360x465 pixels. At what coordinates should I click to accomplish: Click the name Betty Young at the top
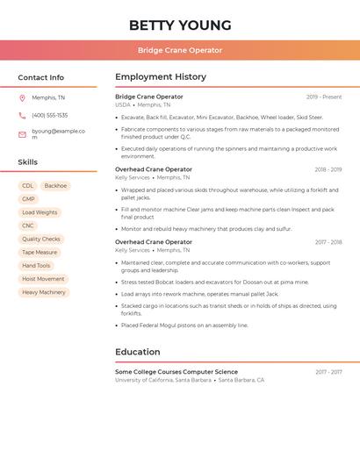180,25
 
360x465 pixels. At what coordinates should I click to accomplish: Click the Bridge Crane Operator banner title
180,50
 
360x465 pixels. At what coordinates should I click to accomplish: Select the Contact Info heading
41,77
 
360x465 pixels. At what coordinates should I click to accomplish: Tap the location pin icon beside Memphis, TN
22,98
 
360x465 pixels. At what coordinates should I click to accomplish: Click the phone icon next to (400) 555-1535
22,116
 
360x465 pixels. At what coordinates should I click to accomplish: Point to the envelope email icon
22,134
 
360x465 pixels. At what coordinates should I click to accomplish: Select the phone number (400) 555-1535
49,116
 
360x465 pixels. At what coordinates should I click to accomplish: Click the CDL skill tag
28,186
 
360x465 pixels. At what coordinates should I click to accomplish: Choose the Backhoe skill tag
55,186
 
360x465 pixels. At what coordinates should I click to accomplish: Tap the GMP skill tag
29,199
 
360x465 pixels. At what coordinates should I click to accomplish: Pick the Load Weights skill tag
40,212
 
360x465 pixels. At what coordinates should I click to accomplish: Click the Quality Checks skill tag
41,239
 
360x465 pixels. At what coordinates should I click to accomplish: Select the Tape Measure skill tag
40,253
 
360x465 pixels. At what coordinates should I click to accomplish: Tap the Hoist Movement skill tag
43,279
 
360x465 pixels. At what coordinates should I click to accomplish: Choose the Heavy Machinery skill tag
44,292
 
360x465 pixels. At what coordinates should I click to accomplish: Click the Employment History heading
161,77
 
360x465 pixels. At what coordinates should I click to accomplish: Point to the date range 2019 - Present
324,97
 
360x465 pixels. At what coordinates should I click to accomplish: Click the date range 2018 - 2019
328,169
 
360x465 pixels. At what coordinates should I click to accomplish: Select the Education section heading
138,352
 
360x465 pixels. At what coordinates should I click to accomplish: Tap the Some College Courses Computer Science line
176,372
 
